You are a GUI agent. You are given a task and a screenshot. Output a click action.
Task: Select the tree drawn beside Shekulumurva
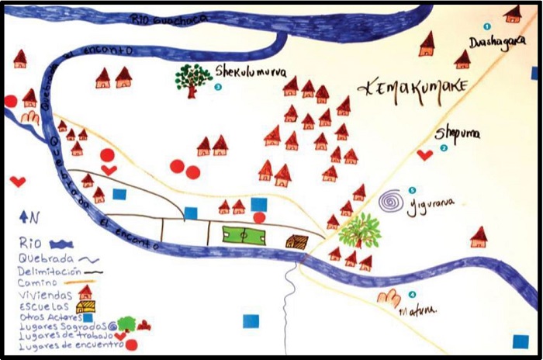tap(193, 78)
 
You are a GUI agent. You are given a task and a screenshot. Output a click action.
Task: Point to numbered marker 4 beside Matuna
tap(412, 295)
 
